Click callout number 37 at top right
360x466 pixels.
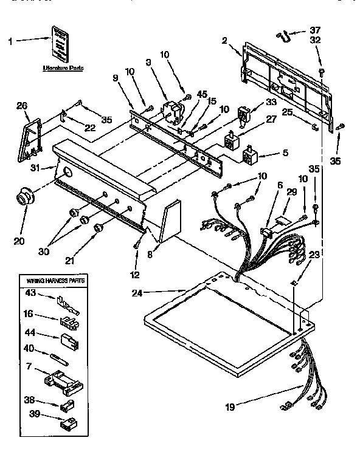pyautogui.click(x=314, y=30)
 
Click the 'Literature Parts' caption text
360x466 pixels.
pyautogui.click(x=63, y=68)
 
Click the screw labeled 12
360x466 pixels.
pyautogui.click(x=136, y=244)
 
